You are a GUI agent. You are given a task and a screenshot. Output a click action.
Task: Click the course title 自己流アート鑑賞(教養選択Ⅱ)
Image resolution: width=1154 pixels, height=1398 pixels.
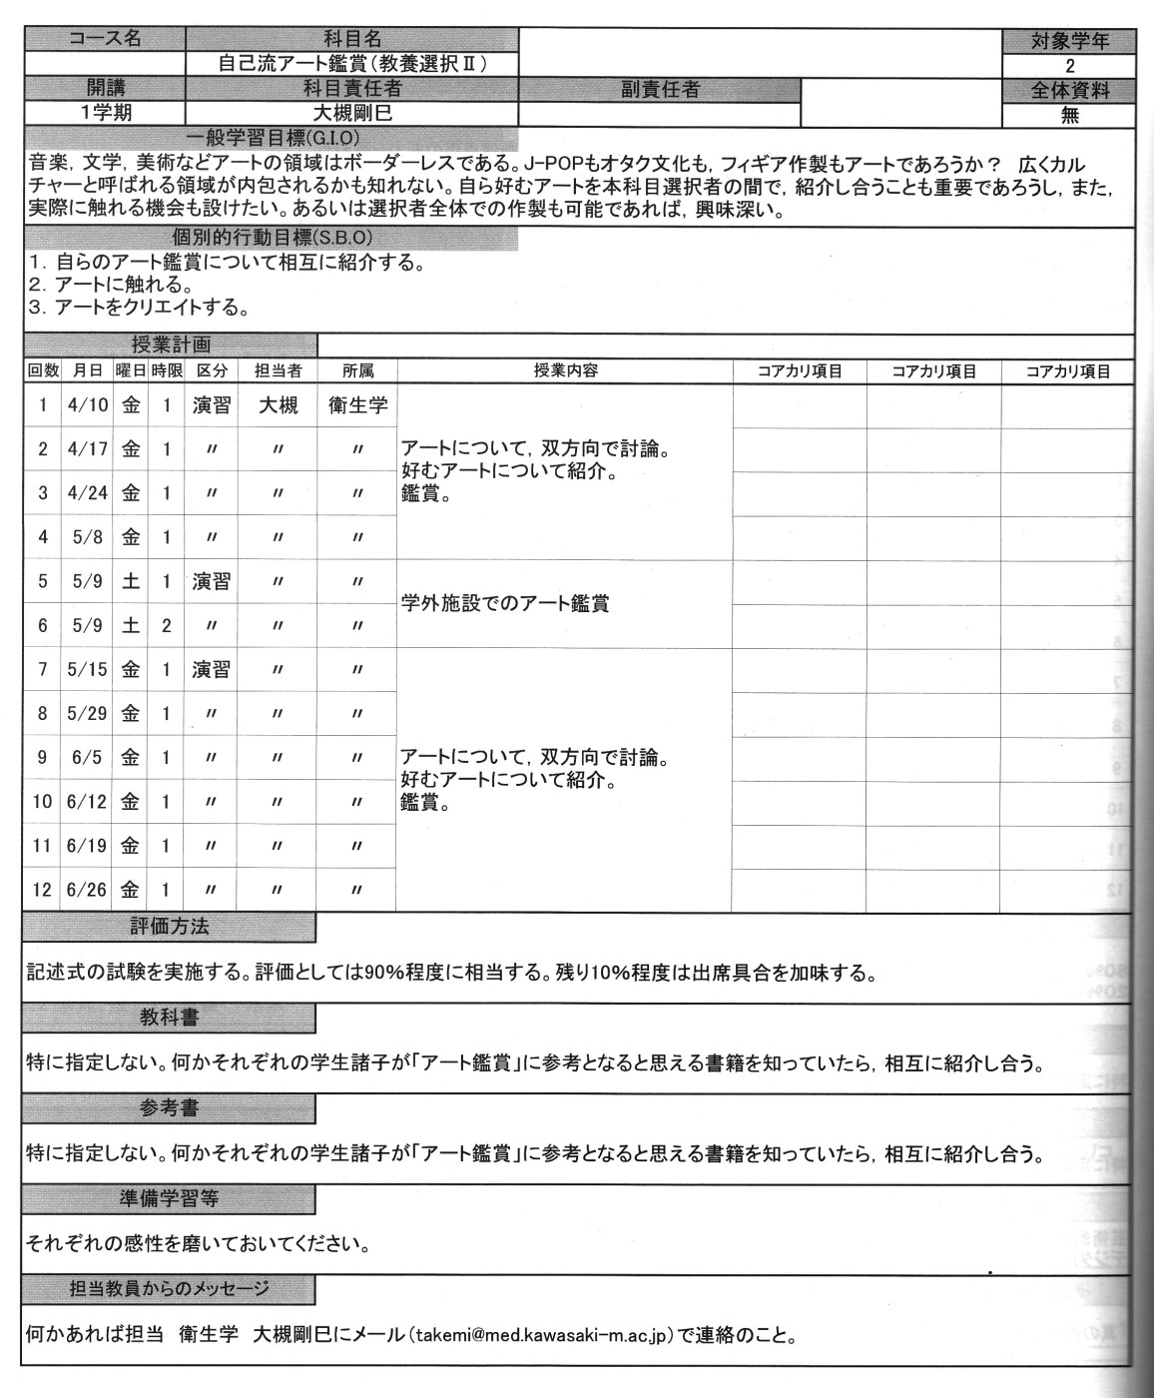click(352, 64)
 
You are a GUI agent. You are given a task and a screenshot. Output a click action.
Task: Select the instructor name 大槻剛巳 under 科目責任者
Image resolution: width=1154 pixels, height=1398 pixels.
click(352, 113)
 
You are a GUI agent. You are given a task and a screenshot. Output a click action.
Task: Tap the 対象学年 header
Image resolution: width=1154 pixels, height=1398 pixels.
click(1069, 41)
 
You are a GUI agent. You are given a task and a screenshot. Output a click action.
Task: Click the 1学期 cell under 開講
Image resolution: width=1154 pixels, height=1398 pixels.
click(106, 113)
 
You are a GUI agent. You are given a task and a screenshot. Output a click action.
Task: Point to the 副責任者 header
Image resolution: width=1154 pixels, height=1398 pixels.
click(660, 90)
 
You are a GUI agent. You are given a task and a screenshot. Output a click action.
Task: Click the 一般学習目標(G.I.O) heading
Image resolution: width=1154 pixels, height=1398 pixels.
click(273, 137)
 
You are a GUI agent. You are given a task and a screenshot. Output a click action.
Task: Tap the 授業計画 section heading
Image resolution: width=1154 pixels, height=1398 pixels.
click(171, 346)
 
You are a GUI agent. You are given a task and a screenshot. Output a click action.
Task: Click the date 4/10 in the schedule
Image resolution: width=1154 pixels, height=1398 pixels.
click(87, 405)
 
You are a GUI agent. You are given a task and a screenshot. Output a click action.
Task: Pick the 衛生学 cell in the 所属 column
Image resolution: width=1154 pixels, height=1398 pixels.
click(357, 405)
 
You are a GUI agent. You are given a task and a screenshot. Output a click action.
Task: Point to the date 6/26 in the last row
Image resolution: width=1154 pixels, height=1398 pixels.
click(87, 889)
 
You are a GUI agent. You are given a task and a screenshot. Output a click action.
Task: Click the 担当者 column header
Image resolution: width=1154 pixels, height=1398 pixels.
click(278, 370)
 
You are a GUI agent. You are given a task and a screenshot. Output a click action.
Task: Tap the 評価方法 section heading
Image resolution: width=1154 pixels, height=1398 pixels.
click(170, 927)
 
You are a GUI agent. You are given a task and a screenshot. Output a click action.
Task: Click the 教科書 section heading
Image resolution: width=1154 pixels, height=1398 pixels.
click(170, 1019)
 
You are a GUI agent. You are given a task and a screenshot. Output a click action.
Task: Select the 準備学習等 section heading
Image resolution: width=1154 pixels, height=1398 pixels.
click(170, 1198)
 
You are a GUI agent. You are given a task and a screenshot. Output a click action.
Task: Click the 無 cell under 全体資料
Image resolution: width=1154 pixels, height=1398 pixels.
click(1069, 115)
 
